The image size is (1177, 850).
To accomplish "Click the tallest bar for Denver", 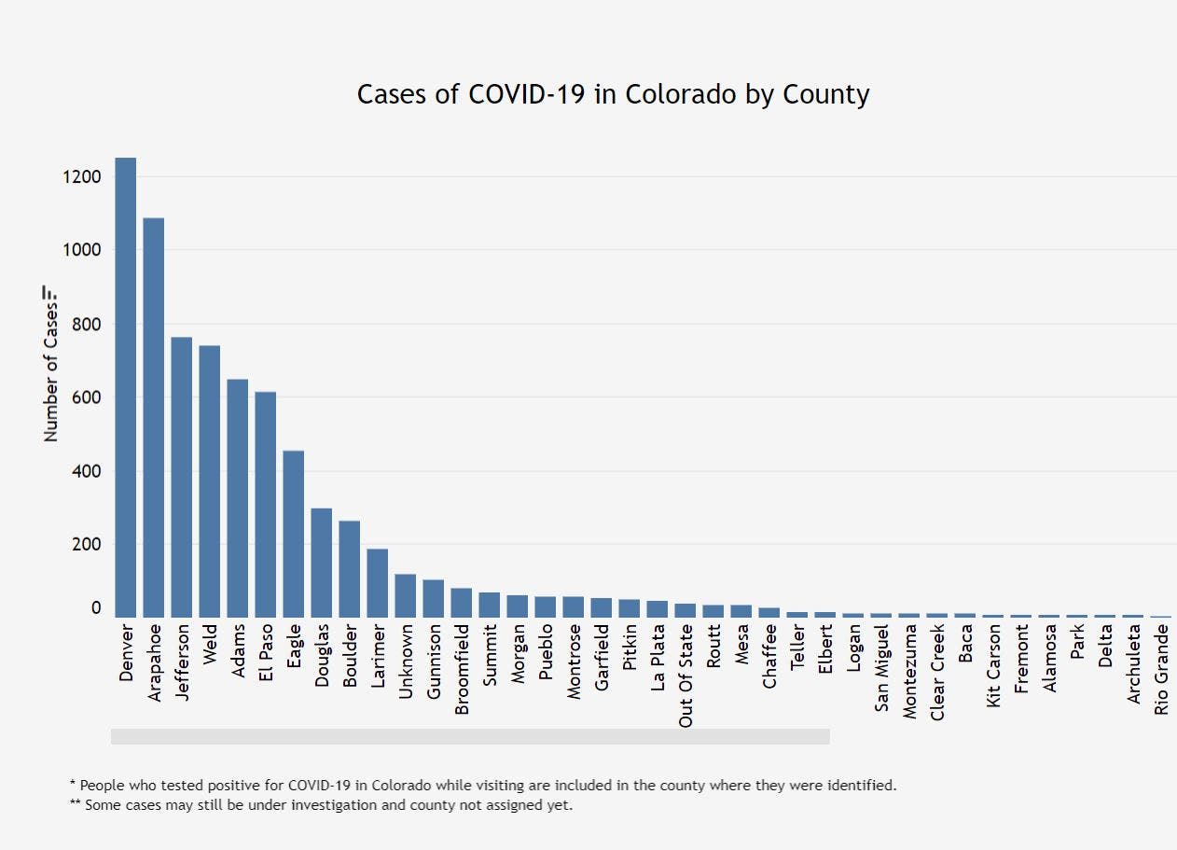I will coord(126,387).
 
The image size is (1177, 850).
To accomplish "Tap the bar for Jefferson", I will coord(182,477).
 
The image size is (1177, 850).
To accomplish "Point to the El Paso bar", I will coord(266,504).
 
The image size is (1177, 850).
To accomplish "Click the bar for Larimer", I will coord(378,583).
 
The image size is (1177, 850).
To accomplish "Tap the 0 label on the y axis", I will coord(96,608).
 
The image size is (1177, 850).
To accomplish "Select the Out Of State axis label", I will coord(686,676).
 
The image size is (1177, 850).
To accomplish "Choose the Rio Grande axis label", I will coord(1161,670).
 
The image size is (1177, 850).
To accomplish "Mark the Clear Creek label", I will coord(937,671).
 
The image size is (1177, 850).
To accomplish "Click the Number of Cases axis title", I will coord(51,373).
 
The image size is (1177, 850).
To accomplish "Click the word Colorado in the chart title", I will coord(675,94).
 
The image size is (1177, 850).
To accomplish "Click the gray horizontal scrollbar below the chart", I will coord(470,736).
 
